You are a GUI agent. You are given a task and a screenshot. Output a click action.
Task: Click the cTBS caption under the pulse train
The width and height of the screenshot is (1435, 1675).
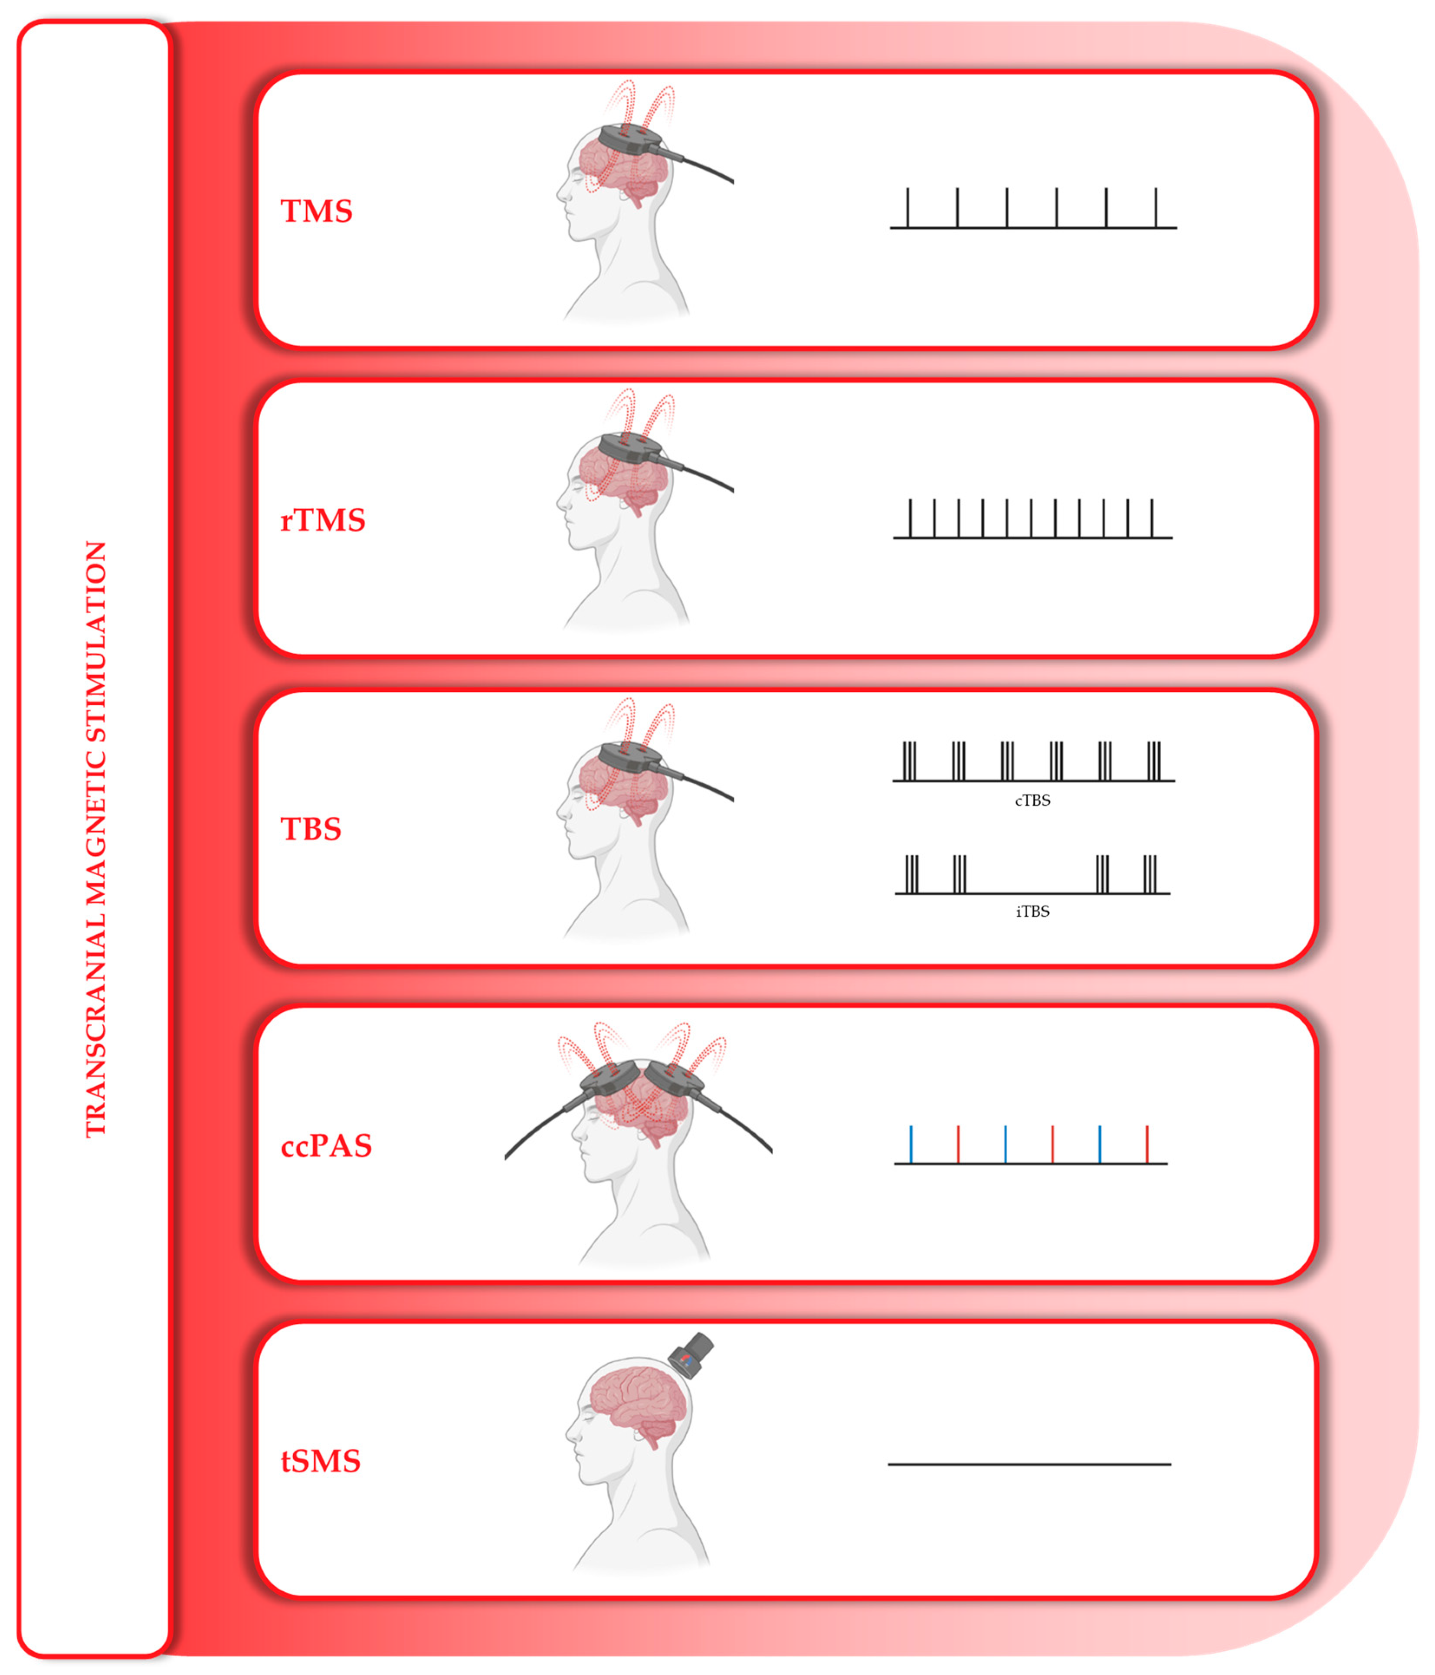1032,800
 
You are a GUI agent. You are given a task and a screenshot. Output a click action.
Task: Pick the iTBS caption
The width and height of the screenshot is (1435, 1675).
1032,911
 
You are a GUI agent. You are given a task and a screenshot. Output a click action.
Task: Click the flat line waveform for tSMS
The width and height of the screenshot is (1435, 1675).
1029,1464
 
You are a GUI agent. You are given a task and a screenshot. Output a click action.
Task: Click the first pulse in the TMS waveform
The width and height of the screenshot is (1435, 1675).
908,208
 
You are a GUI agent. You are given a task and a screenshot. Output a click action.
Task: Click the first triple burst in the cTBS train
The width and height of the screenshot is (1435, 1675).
910,761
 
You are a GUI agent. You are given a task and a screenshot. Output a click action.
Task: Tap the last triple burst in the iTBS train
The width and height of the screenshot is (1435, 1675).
1150,874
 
